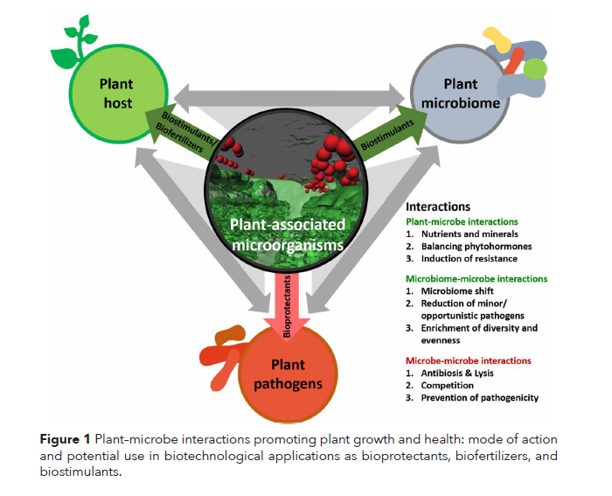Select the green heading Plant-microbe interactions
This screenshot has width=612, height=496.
tap(461, 222)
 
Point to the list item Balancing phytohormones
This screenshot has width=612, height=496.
tap(477, 247)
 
